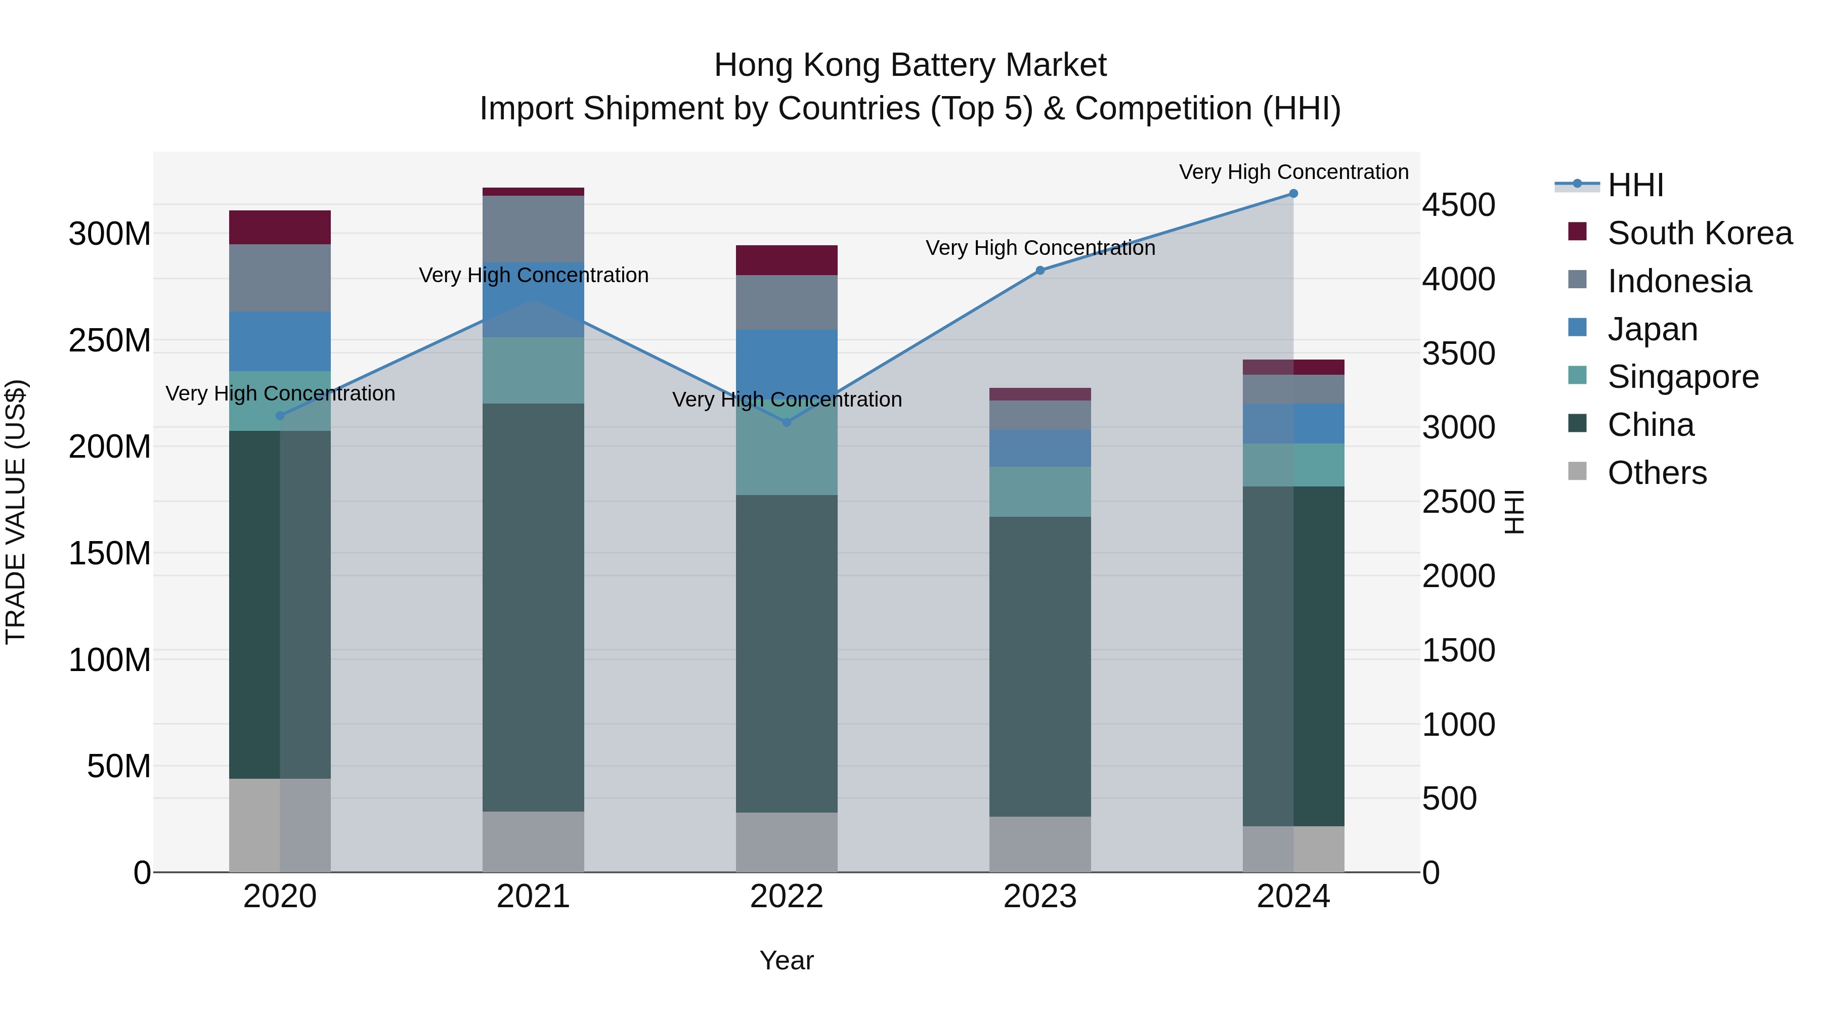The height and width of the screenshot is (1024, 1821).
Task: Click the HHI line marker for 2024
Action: (1293, 194)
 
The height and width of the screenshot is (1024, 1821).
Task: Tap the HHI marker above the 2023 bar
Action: (1040, 271)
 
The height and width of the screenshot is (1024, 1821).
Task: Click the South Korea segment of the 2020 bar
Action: (280, 228)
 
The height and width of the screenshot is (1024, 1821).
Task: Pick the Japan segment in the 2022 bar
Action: (787, 361)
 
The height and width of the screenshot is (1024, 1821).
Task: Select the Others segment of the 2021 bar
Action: (533, 841)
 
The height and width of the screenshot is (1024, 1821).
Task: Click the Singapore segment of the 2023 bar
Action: (1040, 492)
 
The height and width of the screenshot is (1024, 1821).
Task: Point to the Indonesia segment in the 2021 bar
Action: (533, 229)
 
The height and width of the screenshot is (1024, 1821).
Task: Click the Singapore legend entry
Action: (1682, 377)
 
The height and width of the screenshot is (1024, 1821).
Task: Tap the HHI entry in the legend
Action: (1635, 185)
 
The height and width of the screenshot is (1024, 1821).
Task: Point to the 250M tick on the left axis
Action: (110, 341)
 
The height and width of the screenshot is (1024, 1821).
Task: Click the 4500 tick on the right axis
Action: (1458, 205)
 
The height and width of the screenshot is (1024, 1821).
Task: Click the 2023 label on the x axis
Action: (1040, 897)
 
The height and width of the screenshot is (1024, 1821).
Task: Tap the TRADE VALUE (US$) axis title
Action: (16, 512)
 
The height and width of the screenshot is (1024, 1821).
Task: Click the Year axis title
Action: (786, 960)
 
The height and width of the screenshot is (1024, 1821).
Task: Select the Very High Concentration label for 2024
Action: (1293, 172)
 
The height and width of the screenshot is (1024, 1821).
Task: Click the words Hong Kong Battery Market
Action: (910, 65)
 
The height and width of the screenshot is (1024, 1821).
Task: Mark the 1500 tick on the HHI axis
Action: (1458, 650)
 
